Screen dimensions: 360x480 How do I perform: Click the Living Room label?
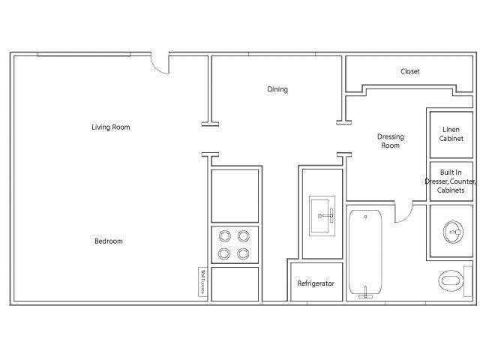pos(111,127)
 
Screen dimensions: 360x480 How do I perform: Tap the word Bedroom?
pos(108,241)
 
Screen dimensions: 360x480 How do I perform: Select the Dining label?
pos(277,90)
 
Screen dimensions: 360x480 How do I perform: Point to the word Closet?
pos(410,72)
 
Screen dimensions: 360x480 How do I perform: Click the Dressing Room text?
pos(390,141)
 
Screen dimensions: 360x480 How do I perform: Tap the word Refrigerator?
pos(316,284)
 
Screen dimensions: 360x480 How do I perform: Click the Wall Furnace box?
pos(202,282)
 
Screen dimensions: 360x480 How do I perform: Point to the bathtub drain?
pos(366,217)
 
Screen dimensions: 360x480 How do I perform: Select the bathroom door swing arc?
pos(405,213)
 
